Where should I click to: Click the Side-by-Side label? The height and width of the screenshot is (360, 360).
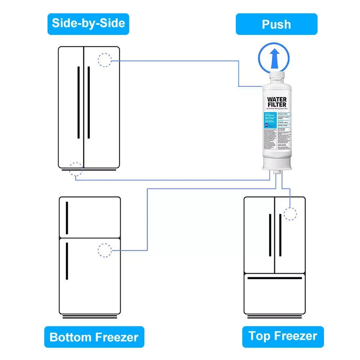pyautogui.click(x=88, y=24)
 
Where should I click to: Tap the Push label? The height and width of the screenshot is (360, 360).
pyautogui.click(x=276, y=24)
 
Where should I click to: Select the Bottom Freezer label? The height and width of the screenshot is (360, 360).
pyautogui.click(x=94, y=337)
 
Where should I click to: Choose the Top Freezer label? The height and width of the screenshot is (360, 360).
pyautogui.click(x=282, y=336)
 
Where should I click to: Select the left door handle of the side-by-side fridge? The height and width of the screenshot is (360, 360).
pyautogui.click(x=78, y=102)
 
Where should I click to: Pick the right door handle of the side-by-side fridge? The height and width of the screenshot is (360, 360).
pyautogui.click(x=88, y=102)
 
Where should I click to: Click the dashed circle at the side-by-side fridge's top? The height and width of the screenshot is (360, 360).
pyautogui.click(x=105, y=60)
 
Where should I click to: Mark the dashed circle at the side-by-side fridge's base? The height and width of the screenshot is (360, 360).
pyautogui.click(x=76, y=169)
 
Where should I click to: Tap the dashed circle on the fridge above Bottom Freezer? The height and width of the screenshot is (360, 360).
pyautogui.click(x=105, y=250)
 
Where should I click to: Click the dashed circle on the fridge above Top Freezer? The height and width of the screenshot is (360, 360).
pyautogui.click(x=290, y=213)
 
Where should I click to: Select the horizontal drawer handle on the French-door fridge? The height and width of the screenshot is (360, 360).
pyautogui.click(x=274, y=278)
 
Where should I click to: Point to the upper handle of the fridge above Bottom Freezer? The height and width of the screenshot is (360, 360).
pyautogui.click(x=67, y=218)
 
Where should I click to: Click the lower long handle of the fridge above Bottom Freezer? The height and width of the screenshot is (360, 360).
pyautogui.click(x=67, y=261)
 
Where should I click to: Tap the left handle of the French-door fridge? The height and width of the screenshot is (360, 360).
pyautogui.click(x=270, y=235)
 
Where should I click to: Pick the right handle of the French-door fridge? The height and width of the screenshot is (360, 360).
pyautogui.click(x=280, y=235)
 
